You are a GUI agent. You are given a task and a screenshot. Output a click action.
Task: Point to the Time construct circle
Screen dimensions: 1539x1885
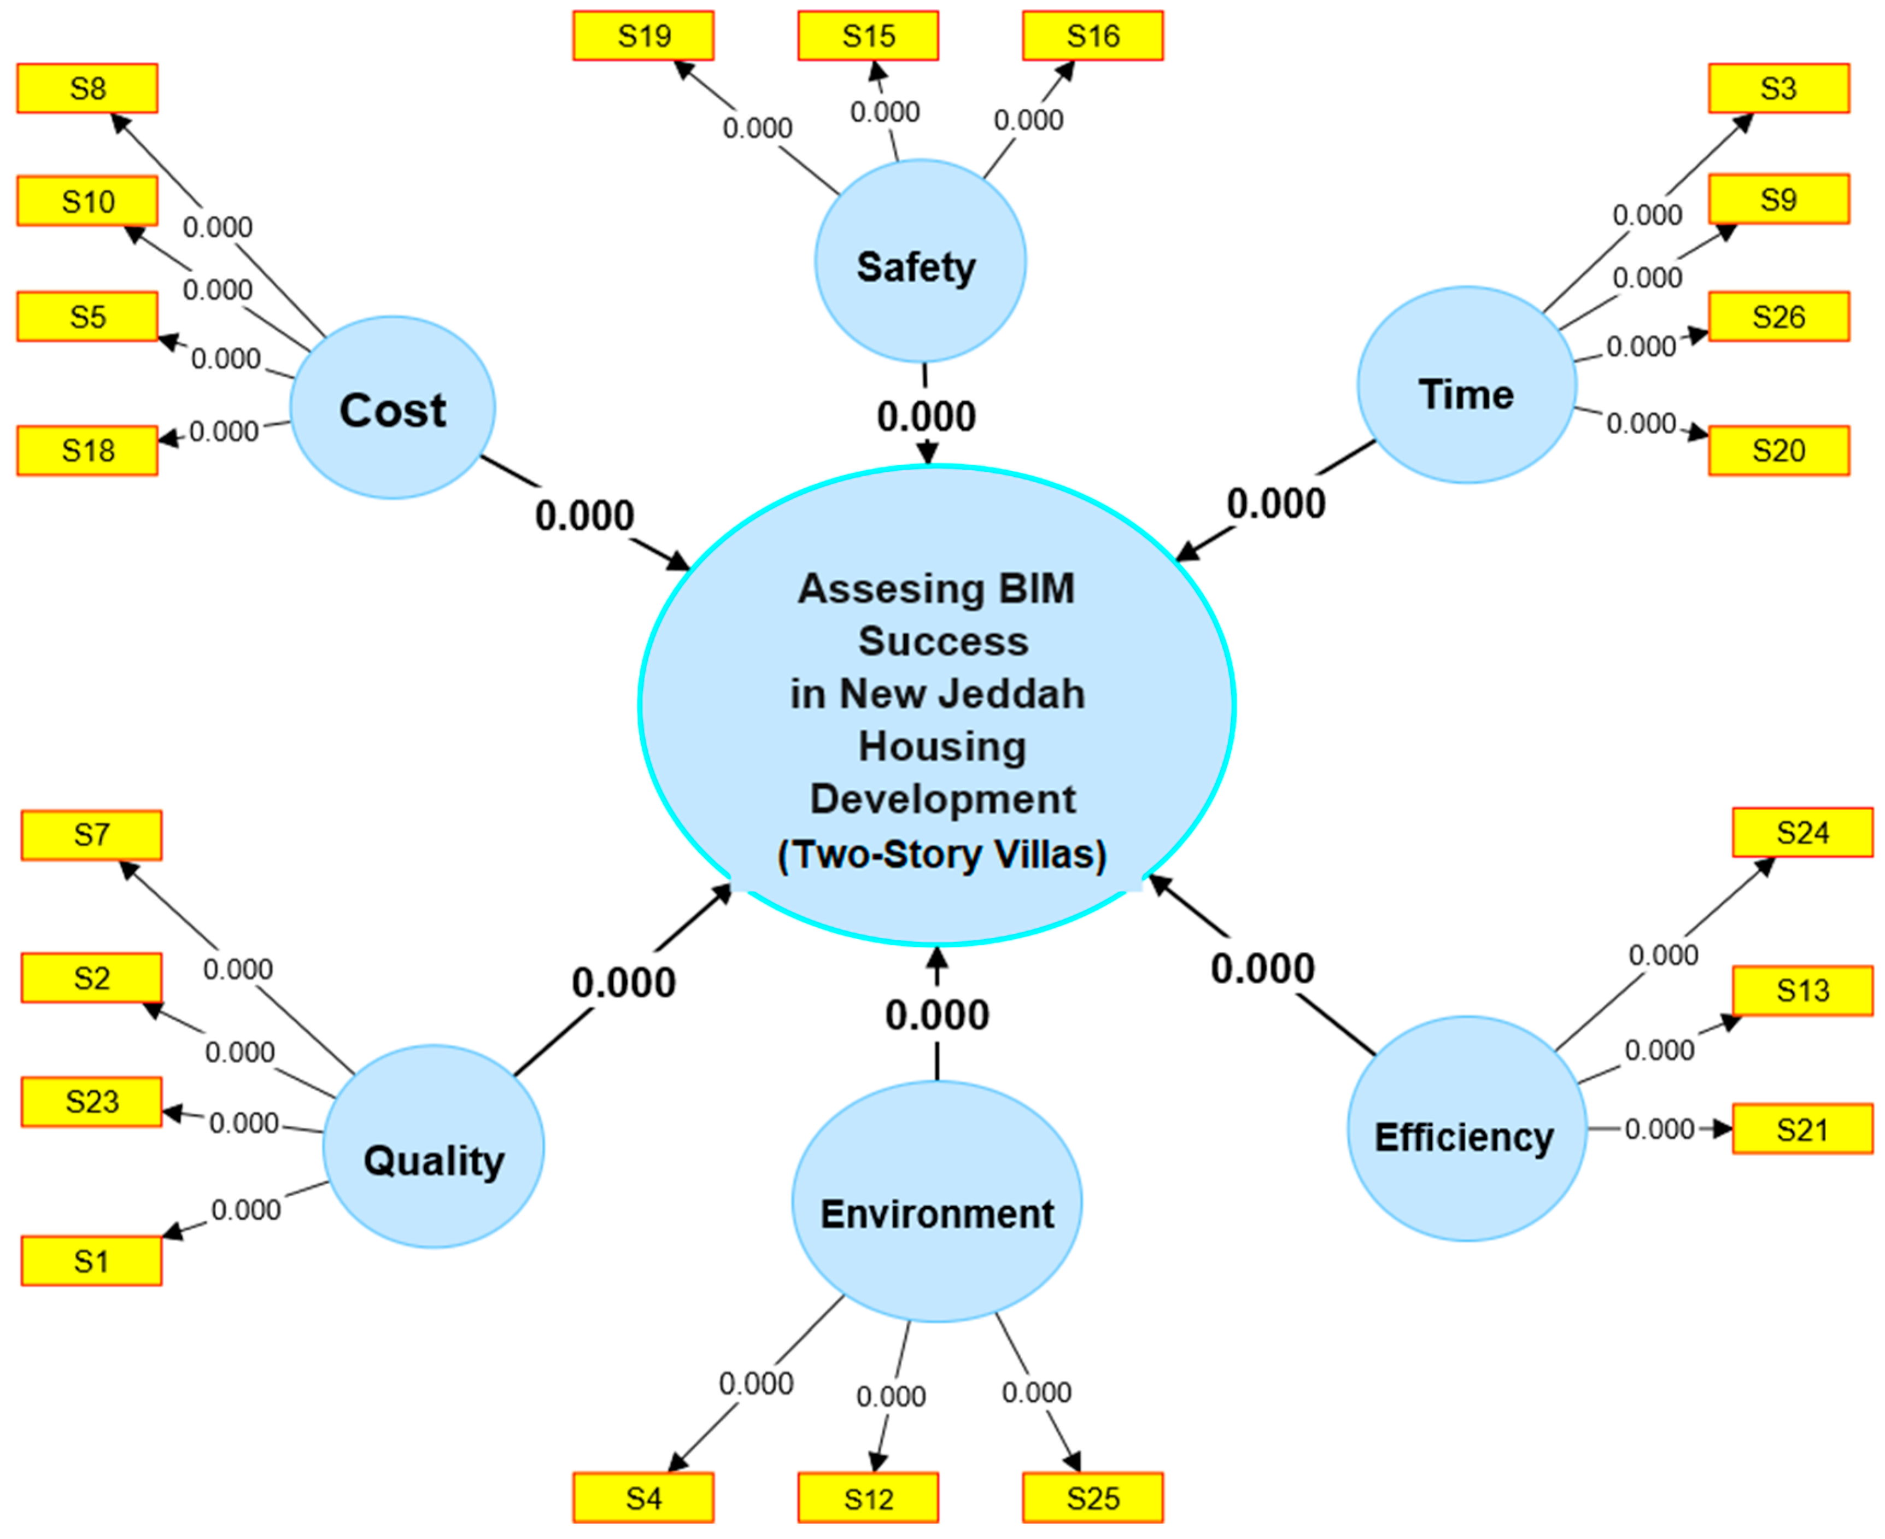pos(1466,385)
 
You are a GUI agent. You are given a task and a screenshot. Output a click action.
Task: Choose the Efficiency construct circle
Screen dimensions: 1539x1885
pos(1466,1128)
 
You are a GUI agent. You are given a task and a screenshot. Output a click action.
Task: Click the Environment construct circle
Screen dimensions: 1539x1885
pos(936,1202)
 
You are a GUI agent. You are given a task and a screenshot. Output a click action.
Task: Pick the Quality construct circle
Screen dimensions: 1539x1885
pos(434,1147)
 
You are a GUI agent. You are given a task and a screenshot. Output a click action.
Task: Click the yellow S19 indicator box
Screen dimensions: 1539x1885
pos(643,36)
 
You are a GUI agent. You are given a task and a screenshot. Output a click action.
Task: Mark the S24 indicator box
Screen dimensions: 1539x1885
pos(1802,833)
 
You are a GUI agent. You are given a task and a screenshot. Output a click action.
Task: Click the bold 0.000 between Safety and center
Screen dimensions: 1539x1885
pos(927,417)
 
